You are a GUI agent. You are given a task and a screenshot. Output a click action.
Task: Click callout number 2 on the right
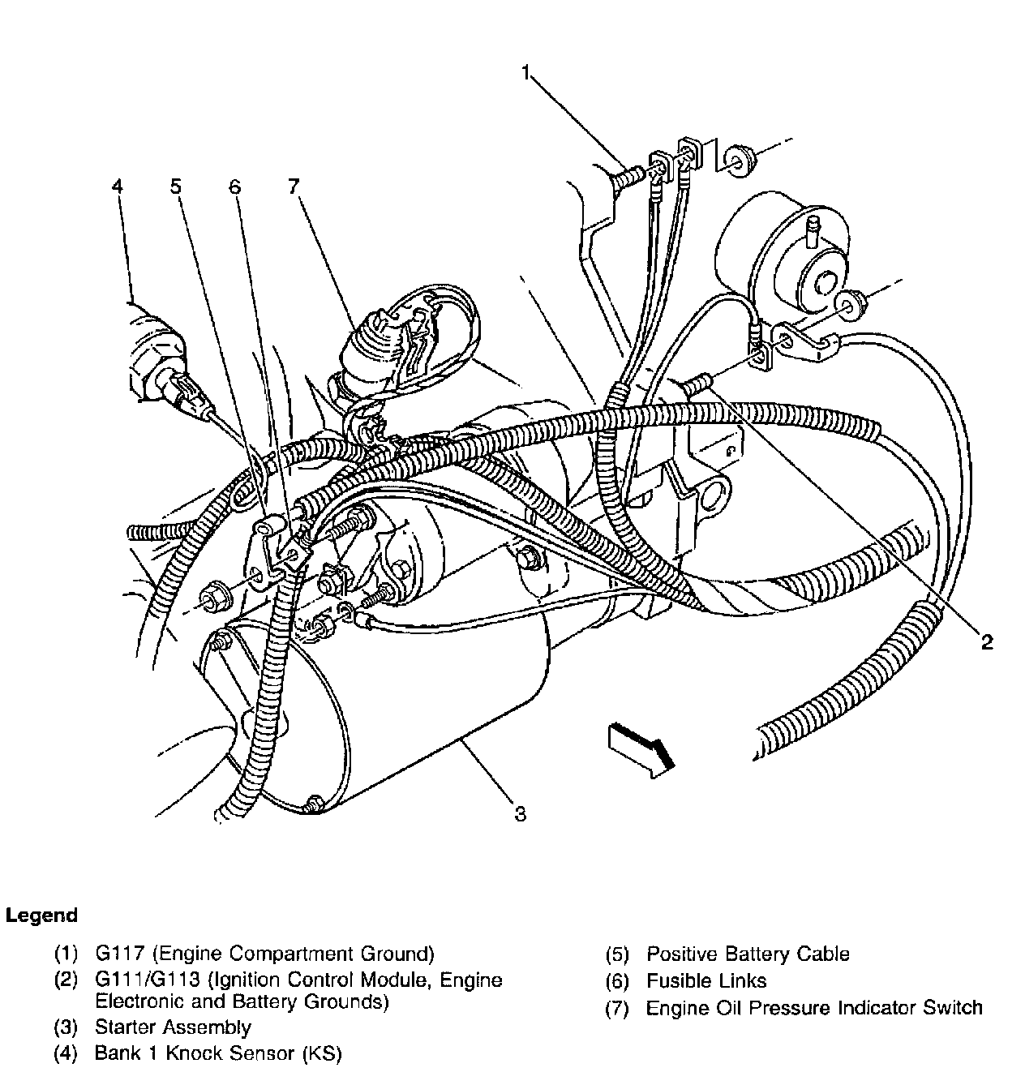[986, 642]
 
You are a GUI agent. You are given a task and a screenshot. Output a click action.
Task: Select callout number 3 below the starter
[520, 813]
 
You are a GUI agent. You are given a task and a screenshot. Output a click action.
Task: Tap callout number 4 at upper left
[118, 187]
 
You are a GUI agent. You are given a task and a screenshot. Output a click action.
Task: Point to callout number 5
[176, 187]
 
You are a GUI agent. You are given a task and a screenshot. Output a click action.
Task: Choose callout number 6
[234, 187]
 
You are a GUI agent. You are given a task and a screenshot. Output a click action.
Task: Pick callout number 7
[293, 187]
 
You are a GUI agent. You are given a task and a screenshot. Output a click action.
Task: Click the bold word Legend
[42, 915]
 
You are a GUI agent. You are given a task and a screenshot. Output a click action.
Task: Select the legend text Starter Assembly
[173, 1027]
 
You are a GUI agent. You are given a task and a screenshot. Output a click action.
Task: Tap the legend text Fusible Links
[705, 980]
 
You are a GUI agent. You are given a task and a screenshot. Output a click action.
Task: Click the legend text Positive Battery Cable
[748, 954]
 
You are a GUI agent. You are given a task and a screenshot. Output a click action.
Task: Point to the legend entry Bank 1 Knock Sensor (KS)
[218, 1054]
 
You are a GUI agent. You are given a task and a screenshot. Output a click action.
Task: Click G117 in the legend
[118, 954]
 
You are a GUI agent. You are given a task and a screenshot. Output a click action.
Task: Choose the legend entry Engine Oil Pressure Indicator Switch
[814, 1008]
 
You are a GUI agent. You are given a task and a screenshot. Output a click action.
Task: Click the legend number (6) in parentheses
[617, 980]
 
